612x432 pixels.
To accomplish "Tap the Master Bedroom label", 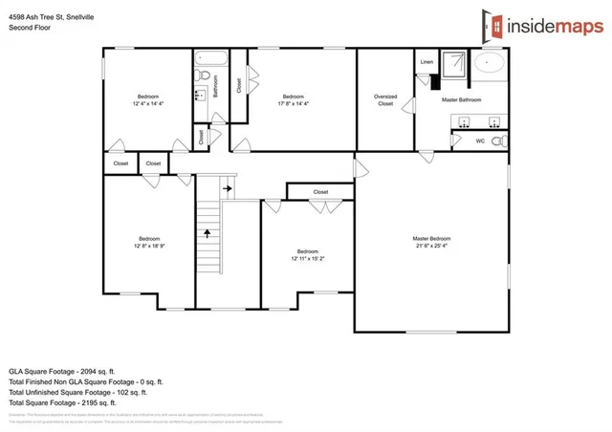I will (x=431, y=238).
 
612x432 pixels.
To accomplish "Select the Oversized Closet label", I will (x=384, y=99).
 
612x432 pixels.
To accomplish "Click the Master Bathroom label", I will (x=461, y=99).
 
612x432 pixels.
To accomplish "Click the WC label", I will (x=480, y=141).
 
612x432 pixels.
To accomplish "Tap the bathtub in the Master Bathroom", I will (x=491, y=64).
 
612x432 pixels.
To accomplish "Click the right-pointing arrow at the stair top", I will (x=227, y=189).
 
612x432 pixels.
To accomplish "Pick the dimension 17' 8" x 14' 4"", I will (x=293, y=103).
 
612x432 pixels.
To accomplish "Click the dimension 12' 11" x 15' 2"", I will (x=308, y=258).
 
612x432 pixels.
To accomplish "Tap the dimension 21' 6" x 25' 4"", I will (x=431, y=246).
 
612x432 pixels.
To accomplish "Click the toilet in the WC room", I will (x=503, y=141).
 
